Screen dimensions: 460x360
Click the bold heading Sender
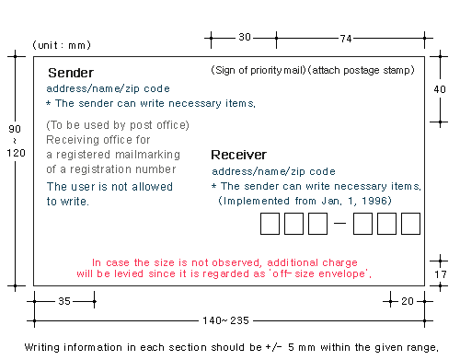coord(71,73)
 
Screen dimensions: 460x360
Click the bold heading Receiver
coord(238,155)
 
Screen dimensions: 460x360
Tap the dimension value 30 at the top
coord(245,37)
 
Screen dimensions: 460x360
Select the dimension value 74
coord(346,39)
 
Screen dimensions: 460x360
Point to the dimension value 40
coord(440,89)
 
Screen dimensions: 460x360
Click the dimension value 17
coord(441,274)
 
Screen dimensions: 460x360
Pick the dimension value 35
coord(64,301)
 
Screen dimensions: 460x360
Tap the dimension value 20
coord(408,301)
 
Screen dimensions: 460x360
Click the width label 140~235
coord(225,320)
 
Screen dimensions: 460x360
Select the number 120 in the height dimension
coord(16,153)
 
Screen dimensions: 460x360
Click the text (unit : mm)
coord(62,45)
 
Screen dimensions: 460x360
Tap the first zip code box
coord(270,224)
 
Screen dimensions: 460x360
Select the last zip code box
coord(410,224)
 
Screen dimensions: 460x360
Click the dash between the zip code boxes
coord(339,223)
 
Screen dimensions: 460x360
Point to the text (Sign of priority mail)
coord(259,70)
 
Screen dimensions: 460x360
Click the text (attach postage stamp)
coord(361,70)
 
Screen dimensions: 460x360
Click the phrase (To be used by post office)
coord(118,125)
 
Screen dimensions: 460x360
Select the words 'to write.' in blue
coord(68,202)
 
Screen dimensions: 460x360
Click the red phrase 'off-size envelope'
coord(320,273)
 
